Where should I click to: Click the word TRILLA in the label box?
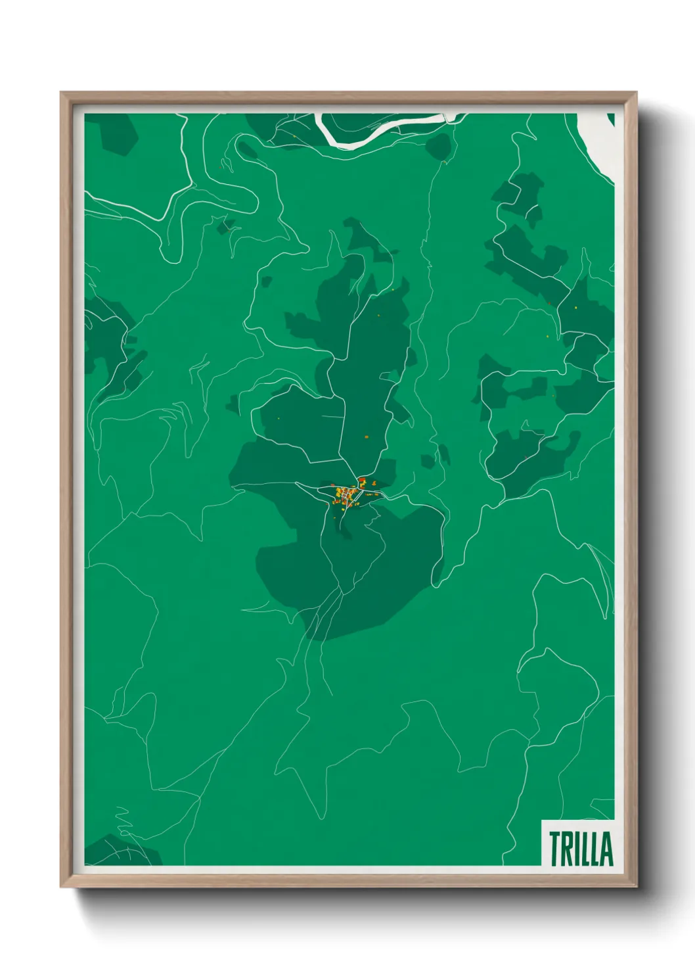pyautogui.click(x=581, y=849)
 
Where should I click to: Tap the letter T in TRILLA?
pyautogui.click(x=555, y=849)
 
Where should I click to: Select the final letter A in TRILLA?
pyautogui.click(x=607, y=849)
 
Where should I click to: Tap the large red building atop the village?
pyautogui.click(x=362, y=481)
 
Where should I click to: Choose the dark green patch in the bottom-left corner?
pyautogui.click(x=122, y=851)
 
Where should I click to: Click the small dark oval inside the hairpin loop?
pyautogui.click(x=247, y=150)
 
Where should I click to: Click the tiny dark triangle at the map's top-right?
pyautogui.click(x=611, y=118)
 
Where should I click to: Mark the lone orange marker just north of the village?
pyautogui.click(x=367, y=437)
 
